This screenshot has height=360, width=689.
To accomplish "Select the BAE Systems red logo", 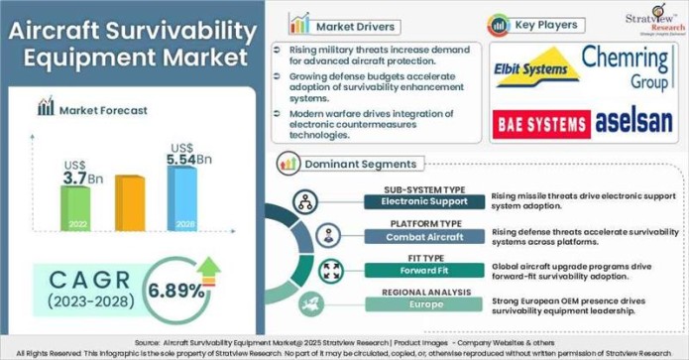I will pyautogui.click(x=541, y=124).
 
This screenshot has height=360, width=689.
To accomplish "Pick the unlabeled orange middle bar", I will pyautogui.click(x=129, y=203).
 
